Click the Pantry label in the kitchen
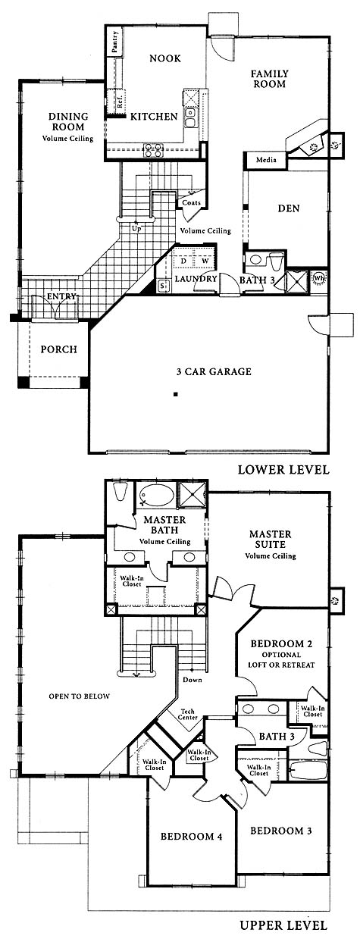115,42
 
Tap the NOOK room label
165,58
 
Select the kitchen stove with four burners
152,149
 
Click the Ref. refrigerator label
120,100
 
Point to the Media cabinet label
266,160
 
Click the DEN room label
289,208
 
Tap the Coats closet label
191,202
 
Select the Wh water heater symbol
320,278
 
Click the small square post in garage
176,394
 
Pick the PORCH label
59,349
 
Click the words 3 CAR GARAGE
214,371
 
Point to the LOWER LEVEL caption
283,469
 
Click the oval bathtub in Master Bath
156,495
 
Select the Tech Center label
187,715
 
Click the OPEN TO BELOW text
79,696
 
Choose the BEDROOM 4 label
191,836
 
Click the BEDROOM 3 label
281,831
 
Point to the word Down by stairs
193,680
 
